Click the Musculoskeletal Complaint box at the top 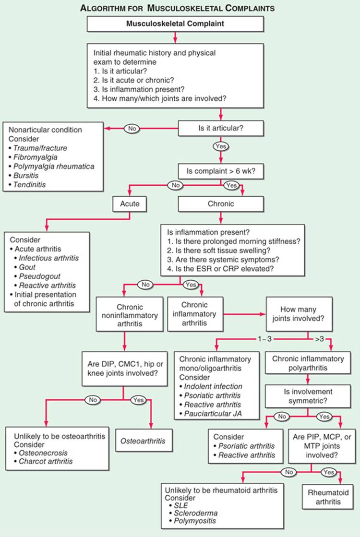point(175,24)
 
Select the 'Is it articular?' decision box point(221,128)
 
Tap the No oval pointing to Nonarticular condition point(132,129)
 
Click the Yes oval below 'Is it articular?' point(221,146)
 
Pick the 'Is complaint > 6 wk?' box point(221,171)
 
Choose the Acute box point(130,204)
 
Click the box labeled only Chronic point(221,204)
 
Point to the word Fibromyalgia point(36,157)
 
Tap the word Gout point(27,267)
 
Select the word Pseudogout point(39,276)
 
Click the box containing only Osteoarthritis point(143,441)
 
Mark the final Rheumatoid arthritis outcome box point(328,497)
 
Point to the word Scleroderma point(195,513)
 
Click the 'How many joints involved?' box point(298,314)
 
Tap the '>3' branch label point(319,339)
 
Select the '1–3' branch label point(264,339)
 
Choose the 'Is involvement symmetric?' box point(308,396)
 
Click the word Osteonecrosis point(43,453)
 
